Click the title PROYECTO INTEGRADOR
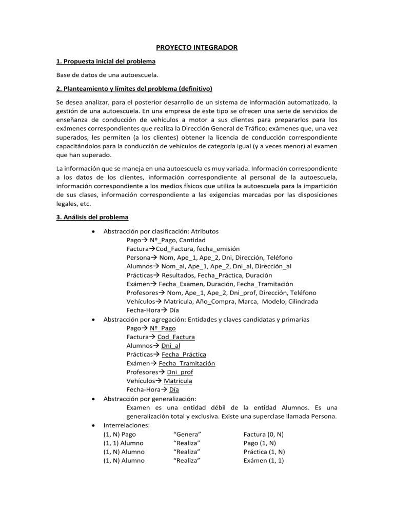coord(197,48)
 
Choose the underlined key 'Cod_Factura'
coord(176,337)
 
